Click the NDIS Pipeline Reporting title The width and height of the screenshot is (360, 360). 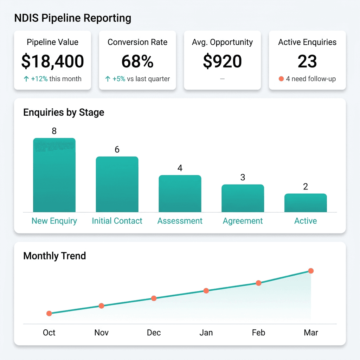click(x=72, y=18)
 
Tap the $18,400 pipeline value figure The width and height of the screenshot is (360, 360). click(x=52, y=61)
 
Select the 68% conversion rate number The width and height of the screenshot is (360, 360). click(x=137, y=61)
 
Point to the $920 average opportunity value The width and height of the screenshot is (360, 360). click(x=222, y=61)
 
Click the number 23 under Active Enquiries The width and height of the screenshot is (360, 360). click(x=307, y=61)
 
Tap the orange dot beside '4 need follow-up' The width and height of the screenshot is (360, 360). click(x=281, y=79)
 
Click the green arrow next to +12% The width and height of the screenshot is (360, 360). click(x=26, y=79)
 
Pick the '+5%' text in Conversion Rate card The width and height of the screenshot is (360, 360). click(x=118, y=79)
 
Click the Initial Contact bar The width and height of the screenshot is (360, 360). click(x=117, y=184)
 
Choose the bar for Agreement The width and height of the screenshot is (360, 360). click(x=243, y=198)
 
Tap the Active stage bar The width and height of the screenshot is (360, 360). click(x=306, y=203)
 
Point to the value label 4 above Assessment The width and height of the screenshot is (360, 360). click(x=180, y=168)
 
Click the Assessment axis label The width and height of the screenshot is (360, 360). click(x=180, y=221)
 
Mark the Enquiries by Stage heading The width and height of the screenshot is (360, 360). click(x=64, y=112)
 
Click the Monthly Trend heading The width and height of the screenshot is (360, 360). click(x=54, y=256)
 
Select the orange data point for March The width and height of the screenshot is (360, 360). click(x=311, y=271)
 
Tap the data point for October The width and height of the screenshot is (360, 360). click(x=49, y=313)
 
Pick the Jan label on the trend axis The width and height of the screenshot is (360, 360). click(x=206, y=333)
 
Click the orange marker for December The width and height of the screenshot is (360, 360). click(x=154, y=298)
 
